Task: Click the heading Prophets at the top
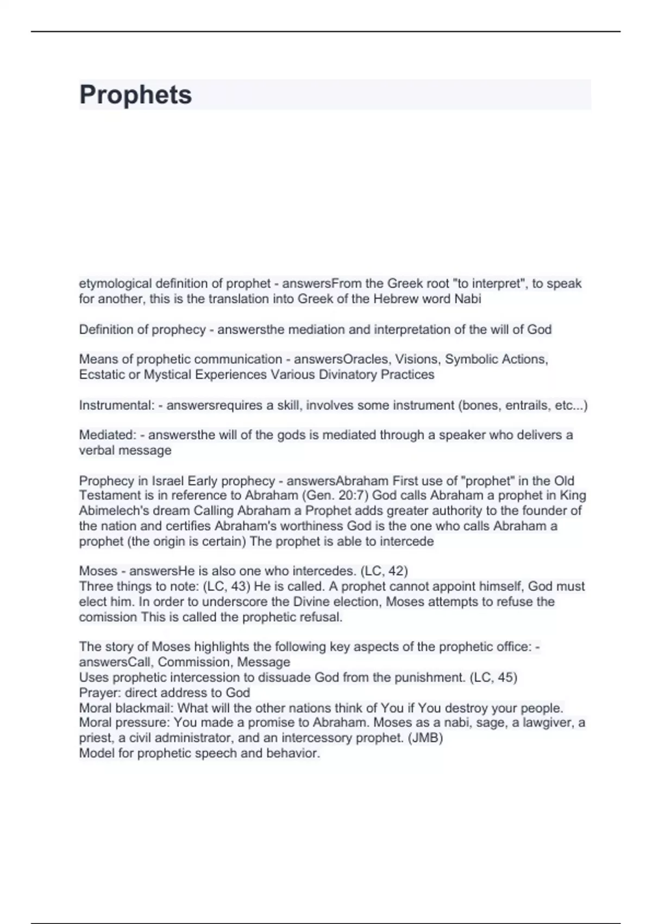(x=135, y=95)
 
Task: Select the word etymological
(x=115, y=284)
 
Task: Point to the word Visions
(x=417, y=359)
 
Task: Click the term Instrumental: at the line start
(x=117, y=405)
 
